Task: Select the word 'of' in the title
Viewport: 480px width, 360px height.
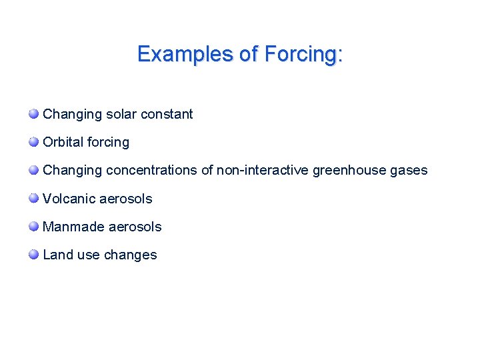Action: pos(249,54)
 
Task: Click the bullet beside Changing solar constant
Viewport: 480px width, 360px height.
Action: pos(33,114)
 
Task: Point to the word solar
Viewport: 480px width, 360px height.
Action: pos(123,114)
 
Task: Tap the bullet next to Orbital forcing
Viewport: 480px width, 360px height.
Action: pos(33,142)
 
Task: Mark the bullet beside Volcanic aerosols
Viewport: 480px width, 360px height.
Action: pos(33,198)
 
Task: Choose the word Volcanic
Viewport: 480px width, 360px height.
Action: pos(69,199)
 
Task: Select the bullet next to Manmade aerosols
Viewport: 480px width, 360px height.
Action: pos(33,227)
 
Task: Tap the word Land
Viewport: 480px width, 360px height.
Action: pos(56,255)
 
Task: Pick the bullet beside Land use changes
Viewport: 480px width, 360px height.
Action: pos(33,255)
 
